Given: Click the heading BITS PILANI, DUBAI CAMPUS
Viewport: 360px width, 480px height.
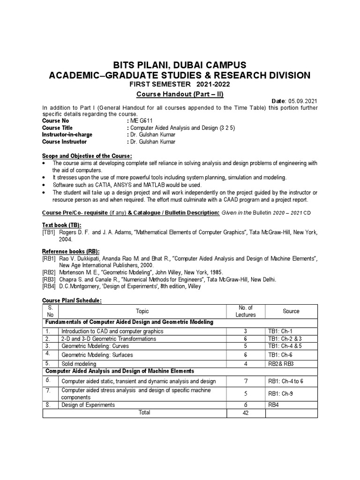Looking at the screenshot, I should click(x=180, y=65).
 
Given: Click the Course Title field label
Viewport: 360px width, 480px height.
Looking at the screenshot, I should click(x=58, y=128).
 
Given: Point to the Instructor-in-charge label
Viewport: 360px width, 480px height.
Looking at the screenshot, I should click(x=67, y=135).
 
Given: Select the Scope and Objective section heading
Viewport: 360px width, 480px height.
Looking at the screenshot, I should click(x=87, y=156).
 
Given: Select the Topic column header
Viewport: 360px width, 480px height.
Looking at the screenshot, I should click(x=142, y=311).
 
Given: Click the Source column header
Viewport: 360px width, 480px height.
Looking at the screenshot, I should click(x=291, y=311).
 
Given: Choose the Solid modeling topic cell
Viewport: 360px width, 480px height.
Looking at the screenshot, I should click(x=79, y=364).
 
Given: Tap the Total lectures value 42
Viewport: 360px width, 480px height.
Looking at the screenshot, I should click(x=246, y=412).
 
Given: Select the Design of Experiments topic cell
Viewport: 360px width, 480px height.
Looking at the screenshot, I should click(x=88, y=405).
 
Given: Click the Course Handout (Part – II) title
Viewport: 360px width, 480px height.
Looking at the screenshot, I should click(x=180, y=94).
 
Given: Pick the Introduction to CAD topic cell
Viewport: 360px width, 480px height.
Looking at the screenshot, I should click(x=112, y=331).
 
